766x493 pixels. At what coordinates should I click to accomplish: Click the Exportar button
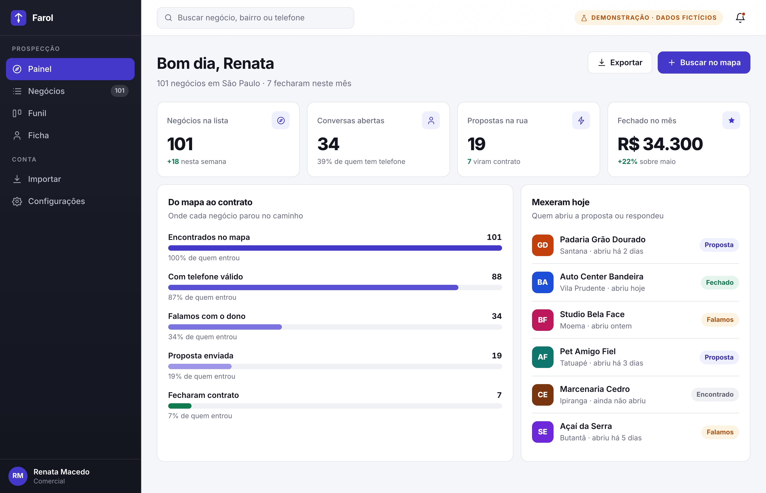(x=620, y=62)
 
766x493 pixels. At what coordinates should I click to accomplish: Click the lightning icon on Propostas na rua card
(x=581, y=120)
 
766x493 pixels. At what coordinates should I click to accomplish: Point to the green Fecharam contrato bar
(x=180, y=406)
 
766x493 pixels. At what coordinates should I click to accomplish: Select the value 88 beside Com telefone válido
(x=497, y=277)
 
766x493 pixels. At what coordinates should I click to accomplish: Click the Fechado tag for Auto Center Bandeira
(x=720, y=283)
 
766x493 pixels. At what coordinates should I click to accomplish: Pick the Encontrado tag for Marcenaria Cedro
(x=715, y=394)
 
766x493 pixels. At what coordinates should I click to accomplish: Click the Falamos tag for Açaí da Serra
(x=720, y=432)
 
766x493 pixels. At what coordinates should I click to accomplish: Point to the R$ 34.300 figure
(x=660, y=144)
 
